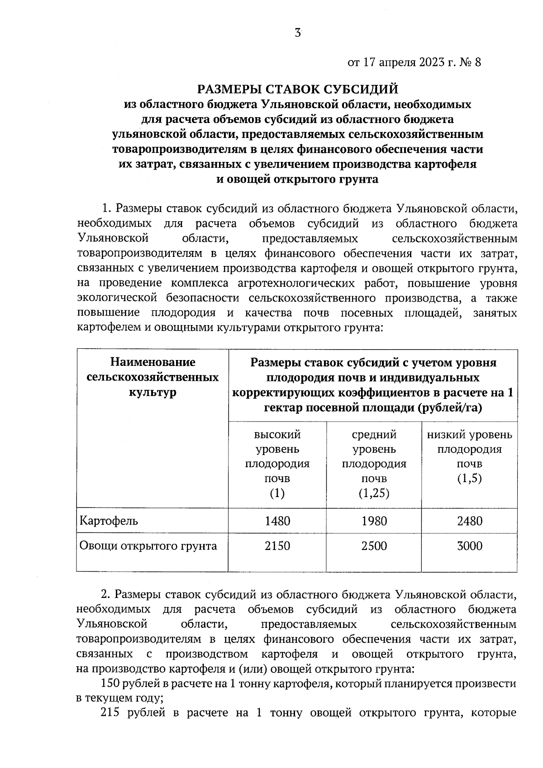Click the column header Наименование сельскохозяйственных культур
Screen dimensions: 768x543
pyautogui.click(x=152, y=377)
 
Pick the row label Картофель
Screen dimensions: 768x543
pyautogui.click(x=109, y=521)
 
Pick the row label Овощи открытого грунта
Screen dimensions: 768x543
pyautogui.click(x=148, y=546)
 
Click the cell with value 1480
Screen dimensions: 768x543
pyautogui.click(x=277, y=521)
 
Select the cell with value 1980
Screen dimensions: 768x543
pyautogui.click(x=374, y=521)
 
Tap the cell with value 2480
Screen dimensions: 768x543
pyautogui.click(x=470, y=521)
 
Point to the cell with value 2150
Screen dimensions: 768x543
pyautogui.click(x=277, y=546)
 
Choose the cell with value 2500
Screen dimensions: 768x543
pyautogui.click(x=374, y=546)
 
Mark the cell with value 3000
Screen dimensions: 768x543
pyautogui.click(x=470, y=546)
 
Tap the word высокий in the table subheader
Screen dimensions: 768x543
pyautogui.click(x=277, y=435)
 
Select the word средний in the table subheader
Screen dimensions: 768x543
pyautogui.click(x=374, y=435)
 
